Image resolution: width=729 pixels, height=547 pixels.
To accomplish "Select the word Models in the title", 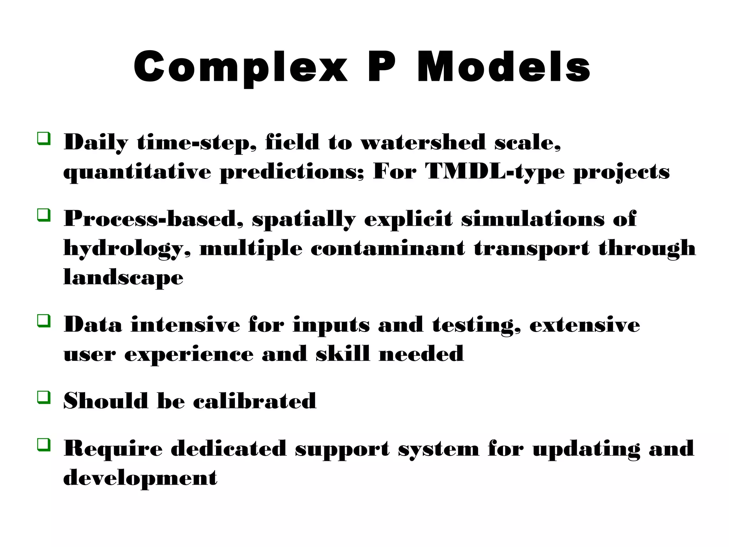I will (x=503, y=67).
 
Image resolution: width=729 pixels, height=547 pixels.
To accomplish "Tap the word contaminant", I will (x=388, y=248).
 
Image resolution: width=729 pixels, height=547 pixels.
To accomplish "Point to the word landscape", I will (x=123, y=278).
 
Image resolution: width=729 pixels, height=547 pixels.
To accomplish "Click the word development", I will (x=140, y=478).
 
